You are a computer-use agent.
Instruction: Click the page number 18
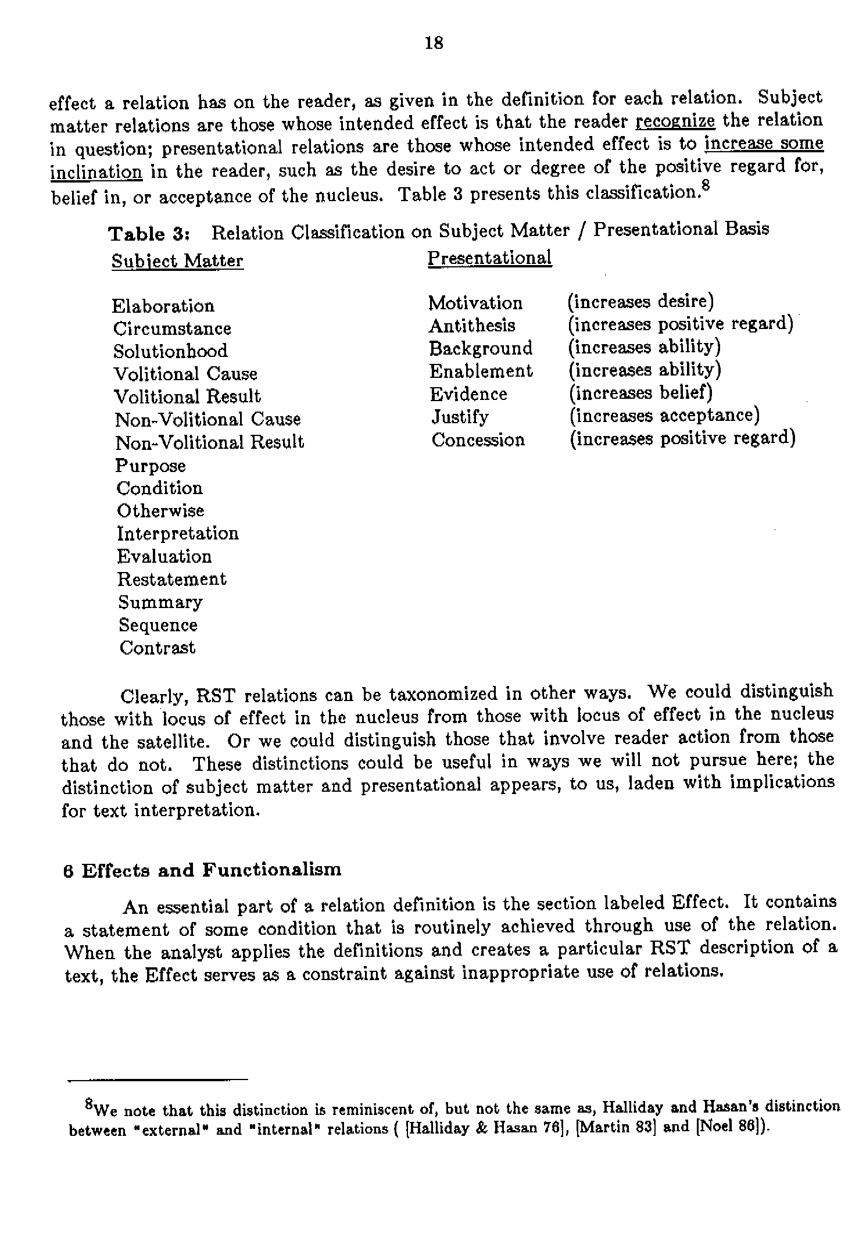(x=434, y=43)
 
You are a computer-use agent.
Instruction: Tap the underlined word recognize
(x=675, y=121)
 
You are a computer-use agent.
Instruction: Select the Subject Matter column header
(x=177, y=261)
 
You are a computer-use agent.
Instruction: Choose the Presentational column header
(x=489, y=258)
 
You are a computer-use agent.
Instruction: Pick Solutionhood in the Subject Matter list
(x=170, y=351)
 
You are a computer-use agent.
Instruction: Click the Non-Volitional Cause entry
(x=207, y=419)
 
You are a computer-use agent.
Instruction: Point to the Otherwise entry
(x=160, y=511)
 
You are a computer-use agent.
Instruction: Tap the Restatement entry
(x=171, y=579)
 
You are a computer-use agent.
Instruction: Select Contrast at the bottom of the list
(x=158, y=648)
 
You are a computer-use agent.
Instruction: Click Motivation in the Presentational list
(x=475, y=303)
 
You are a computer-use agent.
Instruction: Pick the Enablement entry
(x=481, y=371)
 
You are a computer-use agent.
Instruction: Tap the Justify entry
(x=460, y=417)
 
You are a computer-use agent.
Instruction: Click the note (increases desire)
(x=640, y=302)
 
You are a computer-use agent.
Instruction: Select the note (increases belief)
(x=640, y=393)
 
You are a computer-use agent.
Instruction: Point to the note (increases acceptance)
(x=664, y=416)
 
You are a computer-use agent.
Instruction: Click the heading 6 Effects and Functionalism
(x=202, y=870)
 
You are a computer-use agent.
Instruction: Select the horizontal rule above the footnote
(x=158, y=1079)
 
